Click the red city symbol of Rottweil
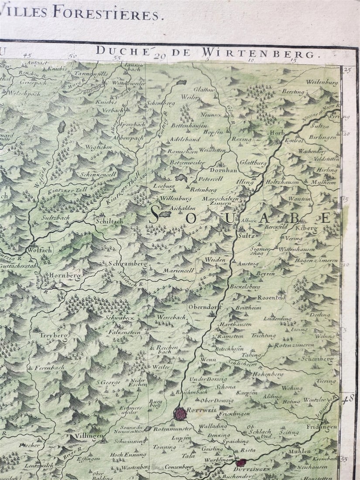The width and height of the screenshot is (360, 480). click(x=180, y=414)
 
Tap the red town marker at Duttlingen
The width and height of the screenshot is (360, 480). click(x=240, y=463)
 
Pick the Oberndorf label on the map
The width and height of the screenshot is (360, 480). click(x=205, y=306)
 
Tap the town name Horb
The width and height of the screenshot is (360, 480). click(x=278, y=133)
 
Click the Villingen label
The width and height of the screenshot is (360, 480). click(x=89, y=435)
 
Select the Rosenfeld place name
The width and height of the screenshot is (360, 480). click(x=271, y=297)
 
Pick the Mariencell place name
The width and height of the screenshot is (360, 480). click(x=178, y=271)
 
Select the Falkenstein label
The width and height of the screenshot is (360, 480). click(x=125, y=332)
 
